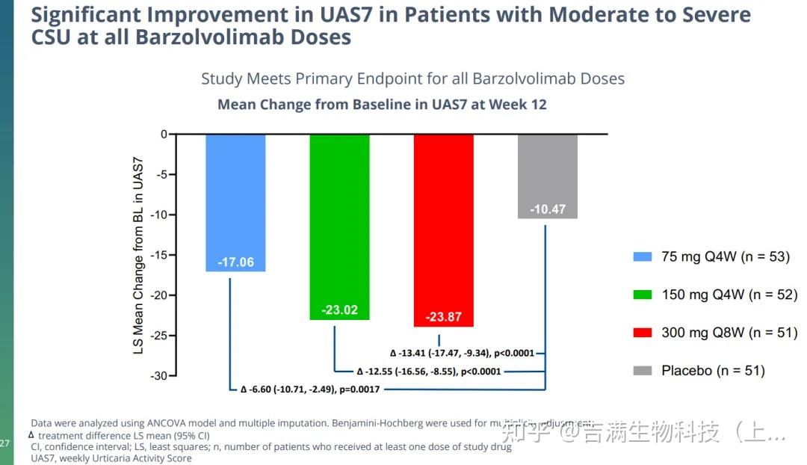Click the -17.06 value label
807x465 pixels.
click(x=235, y=262)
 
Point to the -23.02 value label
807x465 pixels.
click(x=339, y=310)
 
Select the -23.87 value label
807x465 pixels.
click(x=444, y=317)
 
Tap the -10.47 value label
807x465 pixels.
click(x=548, y=209)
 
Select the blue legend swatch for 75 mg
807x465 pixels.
click(x=642, y=257)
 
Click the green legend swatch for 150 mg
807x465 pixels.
click(x=642, y=295)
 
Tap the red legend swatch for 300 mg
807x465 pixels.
click(x=642, y=333)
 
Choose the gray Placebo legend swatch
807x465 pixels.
click(x=642, y=370)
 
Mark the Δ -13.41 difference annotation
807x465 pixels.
click(x=462, y=353)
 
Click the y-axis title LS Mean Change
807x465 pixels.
click(x=138, y=255)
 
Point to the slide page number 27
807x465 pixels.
click(x=5, y=443)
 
